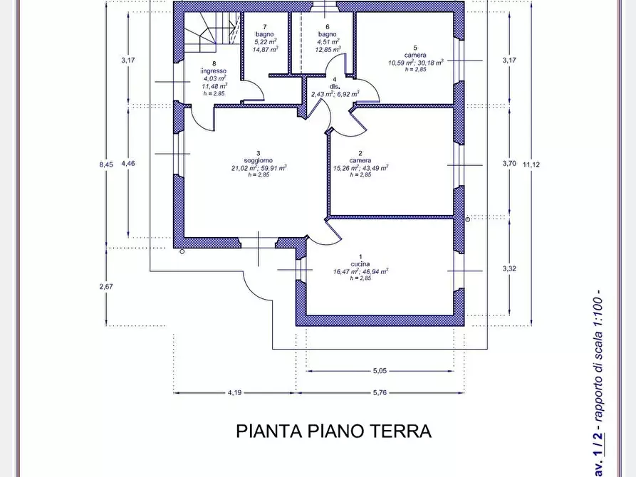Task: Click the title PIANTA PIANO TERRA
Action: click(333, 431)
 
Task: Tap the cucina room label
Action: click(360, 264)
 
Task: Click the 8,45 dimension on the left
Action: click(106, 164)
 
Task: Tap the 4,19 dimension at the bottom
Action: click(236, 392)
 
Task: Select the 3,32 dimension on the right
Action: click(509, 268)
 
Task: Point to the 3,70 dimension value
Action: click(509, 163)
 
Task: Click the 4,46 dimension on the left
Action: click(127, 163)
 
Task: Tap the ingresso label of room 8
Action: click(214, 71)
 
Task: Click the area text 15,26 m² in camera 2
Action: click(345, 168)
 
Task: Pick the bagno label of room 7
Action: click(266, 34)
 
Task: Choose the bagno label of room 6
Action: click(327, 34)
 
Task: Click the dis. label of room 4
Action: click(334, 87)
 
